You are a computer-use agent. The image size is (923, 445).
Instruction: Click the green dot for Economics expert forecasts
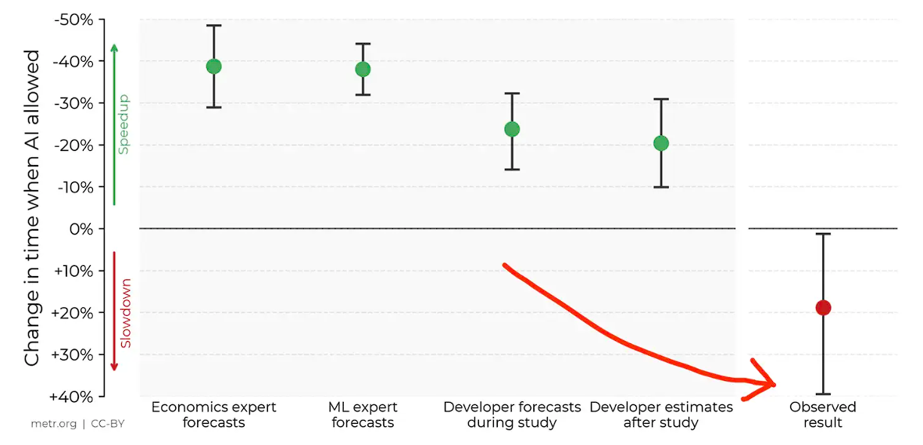[x=213, y=66]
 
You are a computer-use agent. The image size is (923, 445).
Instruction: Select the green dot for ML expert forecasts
[x=363, y=70]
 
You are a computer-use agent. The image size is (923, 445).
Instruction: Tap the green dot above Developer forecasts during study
[x=512, y=129]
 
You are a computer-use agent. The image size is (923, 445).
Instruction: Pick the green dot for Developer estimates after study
[x=661, y=143]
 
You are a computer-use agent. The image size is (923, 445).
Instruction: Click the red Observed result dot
[x=823, y=308]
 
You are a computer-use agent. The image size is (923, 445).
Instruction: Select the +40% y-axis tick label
[x=73, y=397]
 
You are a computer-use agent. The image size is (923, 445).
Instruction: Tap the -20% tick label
[x=75, y=145]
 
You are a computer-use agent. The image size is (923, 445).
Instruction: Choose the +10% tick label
[x=73, y=271]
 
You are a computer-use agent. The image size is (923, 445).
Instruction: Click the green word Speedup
[x=123, y=125]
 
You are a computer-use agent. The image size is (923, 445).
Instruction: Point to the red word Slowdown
[x=125, y=313]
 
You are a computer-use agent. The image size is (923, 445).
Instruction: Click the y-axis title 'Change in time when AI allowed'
[x=32, y=208]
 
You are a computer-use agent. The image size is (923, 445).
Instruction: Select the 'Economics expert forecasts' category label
[x=213, y=414]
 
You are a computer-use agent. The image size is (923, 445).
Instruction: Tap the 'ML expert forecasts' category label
[x=363, y=414]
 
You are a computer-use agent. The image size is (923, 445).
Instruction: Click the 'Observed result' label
[x=823, y=414]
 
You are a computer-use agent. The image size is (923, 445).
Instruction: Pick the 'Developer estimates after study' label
[x=661, y=414]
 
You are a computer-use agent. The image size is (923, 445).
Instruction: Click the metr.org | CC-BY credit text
[x=77, y=424]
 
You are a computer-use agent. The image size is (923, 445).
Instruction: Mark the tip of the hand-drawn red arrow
[x=775, y=384]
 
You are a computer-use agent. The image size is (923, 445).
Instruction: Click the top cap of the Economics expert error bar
[x=213, y=26]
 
